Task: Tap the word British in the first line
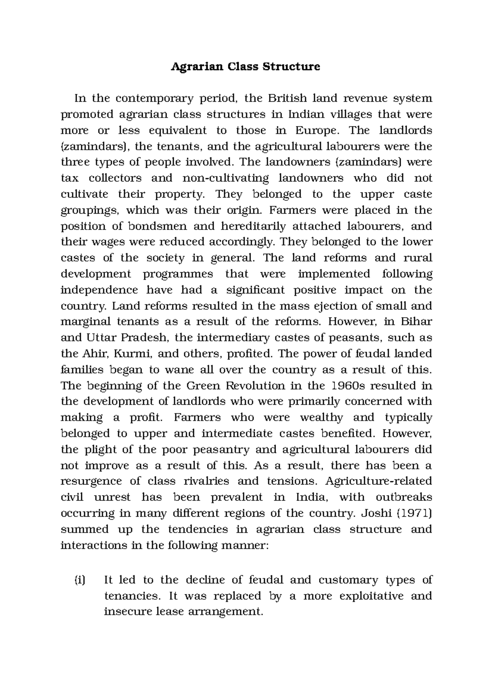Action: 287,98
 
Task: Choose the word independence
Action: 99,290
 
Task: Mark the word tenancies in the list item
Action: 131,596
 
